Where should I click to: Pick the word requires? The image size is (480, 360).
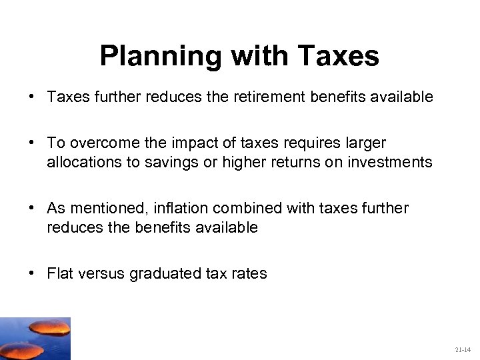309,143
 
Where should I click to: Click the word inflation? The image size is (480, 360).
177,208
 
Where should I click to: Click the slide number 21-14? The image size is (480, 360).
463,349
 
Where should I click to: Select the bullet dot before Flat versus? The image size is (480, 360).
32,273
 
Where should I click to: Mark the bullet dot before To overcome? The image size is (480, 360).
32,143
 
